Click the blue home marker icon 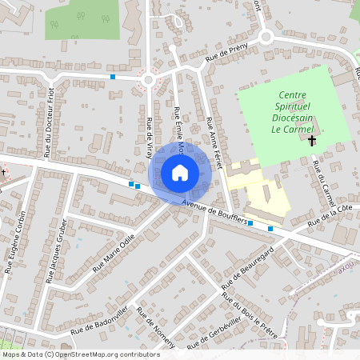point(179,173)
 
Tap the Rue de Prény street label point(228,52)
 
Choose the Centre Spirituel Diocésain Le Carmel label point(286,110)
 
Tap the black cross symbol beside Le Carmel point(312,141)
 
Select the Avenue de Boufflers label point(214,212)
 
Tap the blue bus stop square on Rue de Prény point(113,77)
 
